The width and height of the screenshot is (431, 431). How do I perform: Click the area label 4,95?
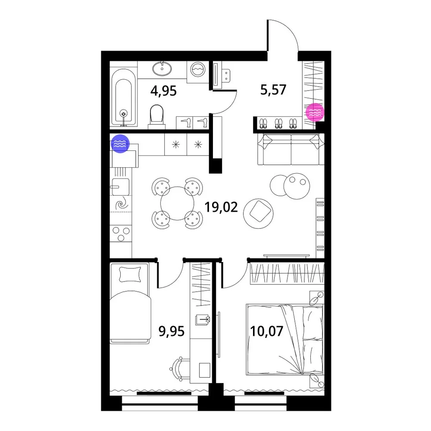(x=163, y=91)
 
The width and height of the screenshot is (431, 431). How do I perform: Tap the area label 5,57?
(x=273, y=90)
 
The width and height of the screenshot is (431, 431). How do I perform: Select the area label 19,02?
(x=221, y=207)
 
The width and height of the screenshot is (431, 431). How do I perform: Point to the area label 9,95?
(x=171, y=331)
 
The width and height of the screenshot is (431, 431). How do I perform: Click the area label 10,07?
(x=267, y=331)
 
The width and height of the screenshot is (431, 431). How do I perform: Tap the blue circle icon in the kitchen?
(x=120, y=144)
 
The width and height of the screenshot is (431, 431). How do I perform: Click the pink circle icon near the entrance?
(x=315, y=112)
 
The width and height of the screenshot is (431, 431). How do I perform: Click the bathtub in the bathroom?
(x=123, y=97)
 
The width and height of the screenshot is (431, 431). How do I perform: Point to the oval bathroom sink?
(x=162, y=69)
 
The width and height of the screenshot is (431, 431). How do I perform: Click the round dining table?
(x=177, y=203)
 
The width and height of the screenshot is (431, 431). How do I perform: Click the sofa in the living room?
(x=291, y=149)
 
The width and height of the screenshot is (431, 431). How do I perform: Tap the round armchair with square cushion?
(x=258, y=214)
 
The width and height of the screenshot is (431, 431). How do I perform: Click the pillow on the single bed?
(x=130, y=274)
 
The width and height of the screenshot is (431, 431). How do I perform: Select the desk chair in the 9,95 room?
(x=179, y=369)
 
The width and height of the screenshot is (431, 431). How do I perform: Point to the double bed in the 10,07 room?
(x=285, y=340)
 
